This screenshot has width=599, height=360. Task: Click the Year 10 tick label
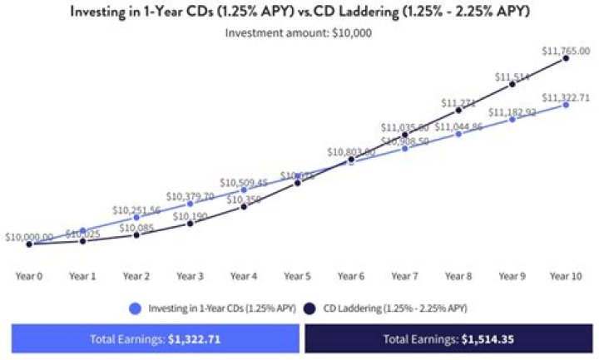(x=566, y=275)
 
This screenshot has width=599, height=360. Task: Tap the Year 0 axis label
(x=29, y=275)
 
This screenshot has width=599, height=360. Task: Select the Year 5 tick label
(x=297, y=275)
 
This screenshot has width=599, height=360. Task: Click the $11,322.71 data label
(x=567, y=97)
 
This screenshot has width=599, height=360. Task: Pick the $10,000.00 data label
(x=29, y=237)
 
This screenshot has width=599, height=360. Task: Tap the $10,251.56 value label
(x=136, y=210)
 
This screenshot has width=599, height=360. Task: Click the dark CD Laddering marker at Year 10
(x=566, y=58)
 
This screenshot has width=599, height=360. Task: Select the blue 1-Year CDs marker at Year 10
(x=566, y=105)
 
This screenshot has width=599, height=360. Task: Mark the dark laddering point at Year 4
(x=244, y=206)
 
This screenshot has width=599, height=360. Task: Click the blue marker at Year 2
(x=136, y=218)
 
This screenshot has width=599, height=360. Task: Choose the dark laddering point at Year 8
(x=458, y=110)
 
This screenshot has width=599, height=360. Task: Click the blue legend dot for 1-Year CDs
(x=136, y=308)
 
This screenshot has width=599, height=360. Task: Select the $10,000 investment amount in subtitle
(x=351, y=33)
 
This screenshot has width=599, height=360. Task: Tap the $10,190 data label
(x=191, y=216)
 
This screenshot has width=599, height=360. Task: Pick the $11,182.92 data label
(x=512, y=112)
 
